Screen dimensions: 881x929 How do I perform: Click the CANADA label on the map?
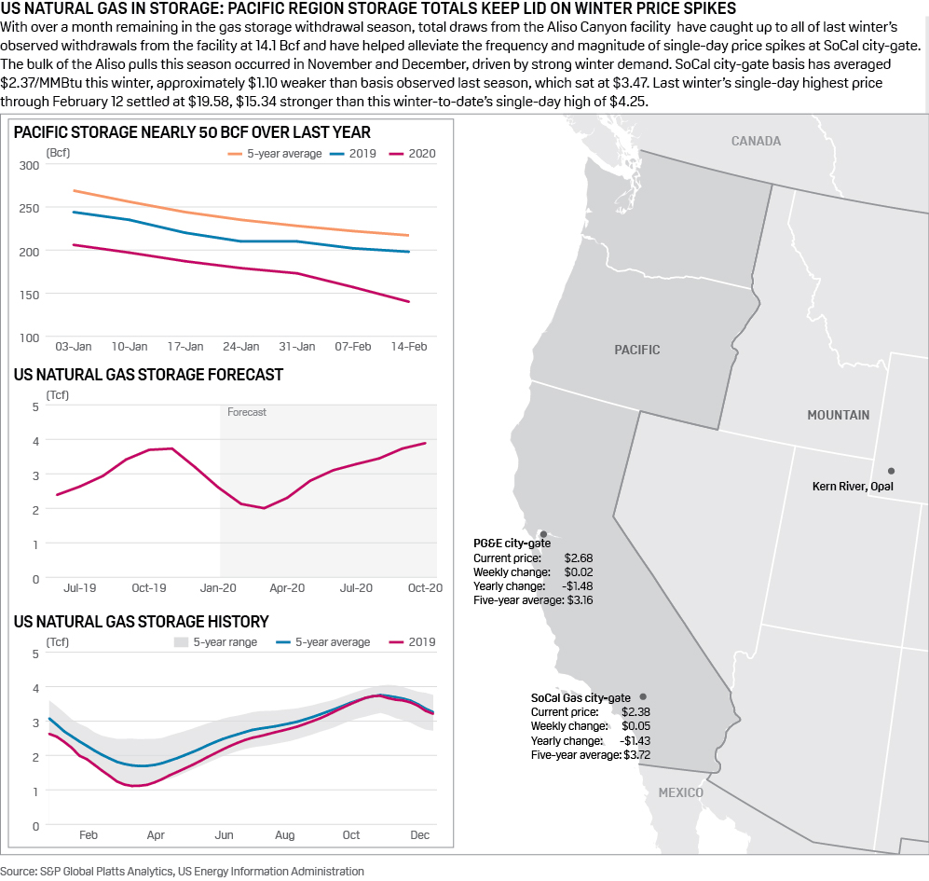click(756, 142)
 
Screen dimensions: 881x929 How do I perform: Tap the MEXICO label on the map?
click(681, 792)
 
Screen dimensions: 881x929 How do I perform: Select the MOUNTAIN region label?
click(838, 415)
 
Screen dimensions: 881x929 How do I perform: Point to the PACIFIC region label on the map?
click(637, 350)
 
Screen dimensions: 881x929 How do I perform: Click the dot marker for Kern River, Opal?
click(891, 471)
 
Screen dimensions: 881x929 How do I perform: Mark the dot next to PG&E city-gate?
click(543, 534)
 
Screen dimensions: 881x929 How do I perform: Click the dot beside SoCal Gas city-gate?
click(643, 696)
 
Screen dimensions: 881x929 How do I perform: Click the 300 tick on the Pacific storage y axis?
click(29, 165)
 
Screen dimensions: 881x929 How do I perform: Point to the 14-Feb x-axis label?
click(408, 347)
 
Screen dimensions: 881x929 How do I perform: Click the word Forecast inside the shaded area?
click(247, 412)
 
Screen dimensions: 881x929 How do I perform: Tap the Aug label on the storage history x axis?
click(284, 835)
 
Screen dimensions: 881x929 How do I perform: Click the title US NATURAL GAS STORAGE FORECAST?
click(148, 375)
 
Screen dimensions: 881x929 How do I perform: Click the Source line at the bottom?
click(183, 871)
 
